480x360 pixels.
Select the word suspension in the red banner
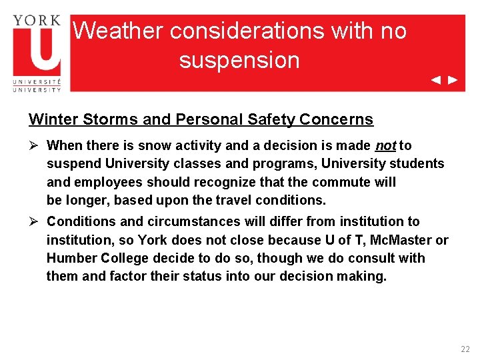point(239,60)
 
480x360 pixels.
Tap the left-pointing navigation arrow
point(435,80)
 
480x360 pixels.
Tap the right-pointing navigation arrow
point(453,80)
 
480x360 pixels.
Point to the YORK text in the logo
point(37,20)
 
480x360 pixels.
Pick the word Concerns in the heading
point(337,120)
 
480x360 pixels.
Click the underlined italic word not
point(385,145)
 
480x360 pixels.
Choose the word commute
point(332,182)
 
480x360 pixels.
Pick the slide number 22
point(465,349)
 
